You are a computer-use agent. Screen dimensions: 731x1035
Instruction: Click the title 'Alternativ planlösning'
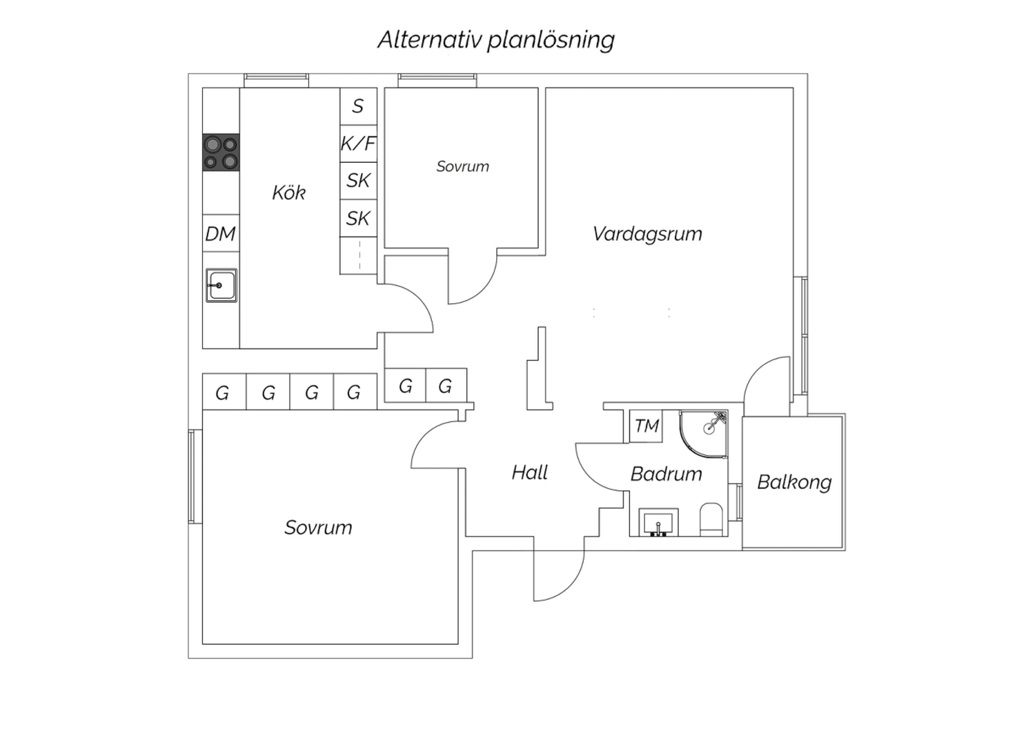click(495, 40)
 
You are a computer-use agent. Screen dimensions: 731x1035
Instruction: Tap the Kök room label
click(288, 192)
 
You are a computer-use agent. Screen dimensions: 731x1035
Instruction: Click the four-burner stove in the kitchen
click(221, 152)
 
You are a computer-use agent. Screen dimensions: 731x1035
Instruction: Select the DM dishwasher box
click(221, 234)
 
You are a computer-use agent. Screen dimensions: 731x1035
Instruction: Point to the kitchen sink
click(221, 285)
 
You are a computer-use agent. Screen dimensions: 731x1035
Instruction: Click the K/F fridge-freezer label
click(358, 143)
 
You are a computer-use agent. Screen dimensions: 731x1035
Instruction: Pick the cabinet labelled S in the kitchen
click(358, 106)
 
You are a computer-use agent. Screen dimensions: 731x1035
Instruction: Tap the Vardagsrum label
click(647, 234)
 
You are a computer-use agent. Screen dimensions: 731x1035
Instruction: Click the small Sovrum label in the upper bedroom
click(462, 166)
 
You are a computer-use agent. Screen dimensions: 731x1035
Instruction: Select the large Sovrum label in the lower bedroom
click(318, 528)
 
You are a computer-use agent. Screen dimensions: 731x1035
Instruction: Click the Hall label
click(530, 472)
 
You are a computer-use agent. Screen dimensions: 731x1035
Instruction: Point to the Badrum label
click(666, 474)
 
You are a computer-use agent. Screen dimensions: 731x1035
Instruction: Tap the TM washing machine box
click(647, 426)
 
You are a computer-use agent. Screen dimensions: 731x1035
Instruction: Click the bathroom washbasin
click(659, 522)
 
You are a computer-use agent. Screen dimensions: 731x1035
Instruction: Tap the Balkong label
click(794, 481)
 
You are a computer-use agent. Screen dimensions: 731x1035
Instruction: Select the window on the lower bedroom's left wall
click(195, 476)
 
